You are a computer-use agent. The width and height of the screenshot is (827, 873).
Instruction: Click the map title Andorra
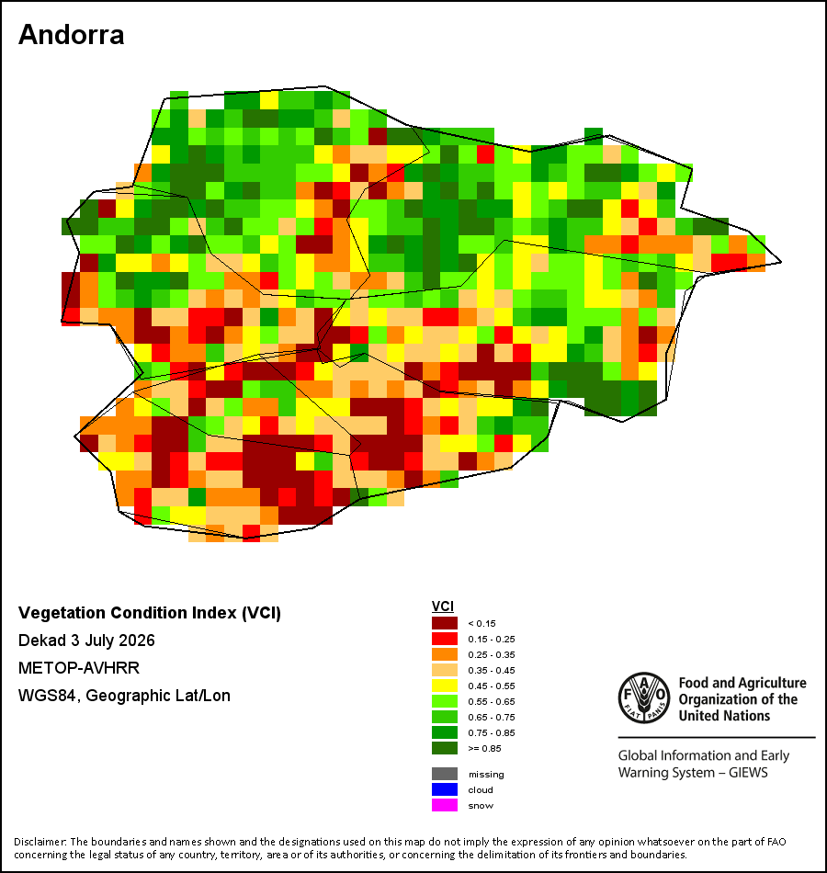point(72,35)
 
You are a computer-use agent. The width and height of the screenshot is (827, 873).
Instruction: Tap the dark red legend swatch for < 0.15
point(445,623)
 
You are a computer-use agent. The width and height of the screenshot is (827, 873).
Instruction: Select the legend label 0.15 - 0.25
point(492,640)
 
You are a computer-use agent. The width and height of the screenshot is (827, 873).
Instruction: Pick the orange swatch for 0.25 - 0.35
point(445,654)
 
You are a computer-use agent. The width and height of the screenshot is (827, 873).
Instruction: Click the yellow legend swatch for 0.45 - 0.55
point(445,686)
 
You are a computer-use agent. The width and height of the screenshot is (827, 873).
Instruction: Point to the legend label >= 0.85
point(484,748)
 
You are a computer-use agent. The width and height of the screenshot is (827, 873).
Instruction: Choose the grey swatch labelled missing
point(445,774)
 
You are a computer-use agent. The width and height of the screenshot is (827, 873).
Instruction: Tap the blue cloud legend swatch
point(445,789)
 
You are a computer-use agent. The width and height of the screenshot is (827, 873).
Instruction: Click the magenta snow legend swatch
point(445,805)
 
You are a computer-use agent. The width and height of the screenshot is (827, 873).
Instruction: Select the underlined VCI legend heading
point(443,607)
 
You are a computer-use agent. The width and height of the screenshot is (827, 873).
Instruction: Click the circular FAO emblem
point(644,698)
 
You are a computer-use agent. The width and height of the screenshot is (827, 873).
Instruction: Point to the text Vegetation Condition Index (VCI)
point(150,613)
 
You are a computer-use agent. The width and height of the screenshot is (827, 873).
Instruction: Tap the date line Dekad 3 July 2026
point(86,641)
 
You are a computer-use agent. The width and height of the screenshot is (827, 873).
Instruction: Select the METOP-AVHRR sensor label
point(79,667)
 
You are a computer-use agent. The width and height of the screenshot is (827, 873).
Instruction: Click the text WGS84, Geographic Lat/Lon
point(124,696)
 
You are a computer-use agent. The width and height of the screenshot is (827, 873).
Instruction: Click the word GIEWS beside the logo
point(748,773)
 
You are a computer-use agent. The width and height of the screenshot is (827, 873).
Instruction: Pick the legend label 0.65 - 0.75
point(492,717)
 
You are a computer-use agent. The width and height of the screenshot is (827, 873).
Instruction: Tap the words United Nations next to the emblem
point(724,716)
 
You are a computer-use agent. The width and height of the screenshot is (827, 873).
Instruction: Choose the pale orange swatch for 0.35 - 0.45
point(445,670)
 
